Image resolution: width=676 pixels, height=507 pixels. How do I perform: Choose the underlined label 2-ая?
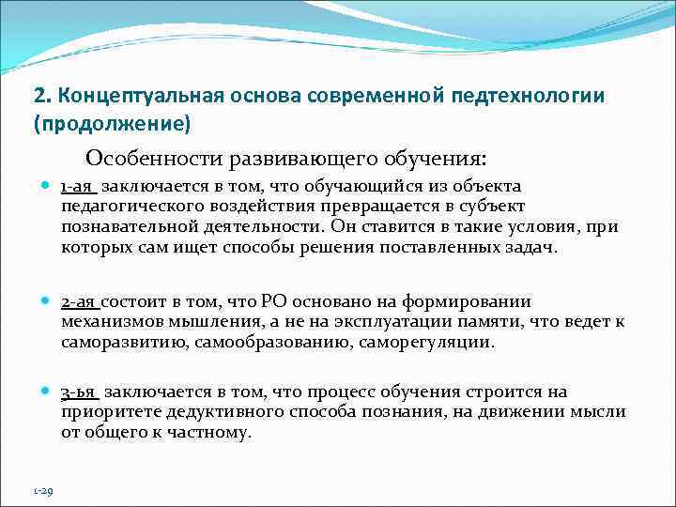pos(79,302)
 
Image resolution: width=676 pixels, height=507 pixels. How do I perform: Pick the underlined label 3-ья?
pos(80,392)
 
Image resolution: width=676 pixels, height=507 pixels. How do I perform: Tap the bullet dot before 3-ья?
pos(46,392)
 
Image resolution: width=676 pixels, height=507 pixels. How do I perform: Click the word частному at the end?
pos(211,432)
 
